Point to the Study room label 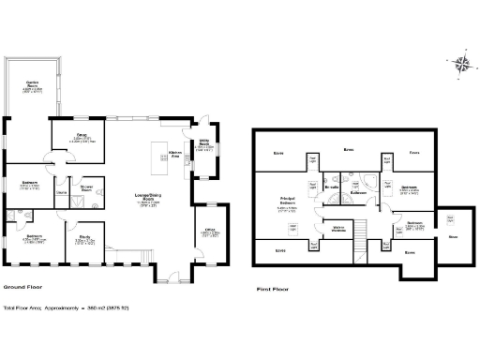click(x=83, y=238)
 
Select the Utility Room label click(x=203, y=145)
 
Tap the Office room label click(x=204, y=232)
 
